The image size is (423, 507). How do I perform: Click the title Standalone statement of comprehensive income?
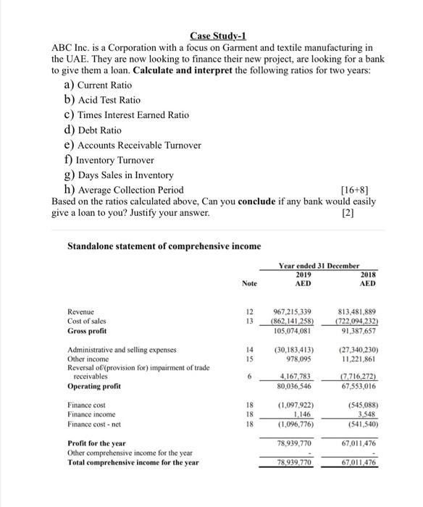(164, 246)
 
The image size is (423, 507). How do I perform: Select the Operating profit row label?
(92, 387)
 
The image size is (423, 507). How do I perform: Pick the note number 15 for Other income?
(248, 359)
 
